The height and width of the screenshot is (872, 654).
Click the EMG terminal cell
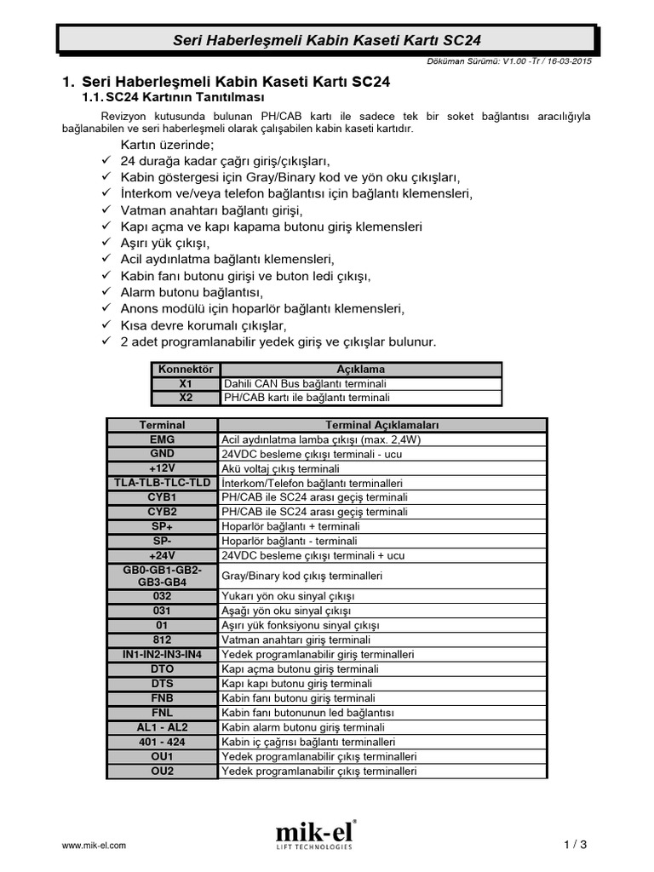162,439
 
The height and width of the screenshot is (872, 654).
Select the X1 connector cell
186,384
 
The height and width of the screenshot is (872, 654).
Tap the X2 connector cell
186,398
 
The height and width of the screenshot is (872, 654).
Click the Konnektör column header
186,370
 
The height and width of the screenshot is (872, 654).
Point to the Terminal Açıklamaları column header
382,425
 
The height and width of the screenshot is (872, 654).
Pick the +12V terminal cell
162,468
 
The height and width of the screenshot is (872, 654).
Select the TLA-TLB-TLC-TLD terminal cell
162,483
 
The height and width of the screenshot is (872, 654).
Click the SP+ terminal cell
162,526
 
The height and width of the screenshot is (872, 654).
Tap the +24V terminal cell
162,555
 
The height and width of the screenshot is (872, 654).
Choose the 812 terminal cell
162,640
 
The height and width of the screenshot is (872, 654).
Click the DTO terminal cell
162,669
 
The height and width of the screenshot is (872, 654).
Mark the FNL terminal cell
162,713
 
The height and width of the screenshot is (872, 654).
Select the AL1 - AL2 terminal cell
162,727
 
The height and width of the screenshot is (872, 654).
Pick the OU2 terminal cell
162,771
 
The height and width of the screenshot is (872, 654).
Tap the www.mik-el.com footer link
95,845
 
